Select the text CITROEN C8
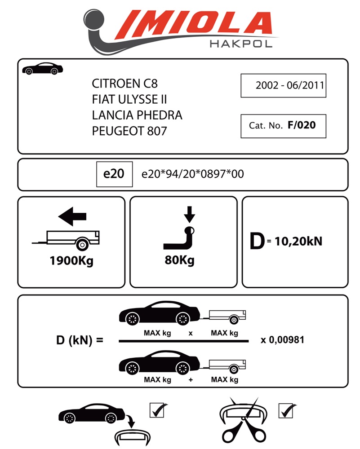point(125,84)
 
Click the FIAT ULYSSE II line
point(129,99)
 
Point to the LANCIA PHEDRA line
point(137,115)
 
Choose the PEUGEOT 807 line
point(129,131)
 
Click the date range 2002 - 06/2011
point(283,85)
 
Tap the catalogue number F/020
point(302,125)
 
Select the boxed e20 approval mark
point(114,174)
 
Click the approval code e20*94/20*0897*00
point(193,174)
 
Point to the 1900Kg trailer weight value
point(71,261)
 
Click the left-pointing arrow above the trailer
point(72,218)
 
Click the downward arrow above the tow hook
point(190,214)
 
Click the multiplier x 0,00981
point(282,340)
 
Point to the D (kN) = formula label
point(79,340)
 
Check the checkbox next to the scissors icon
point(286,410)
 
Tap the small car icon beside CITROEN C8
point(42,69)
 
